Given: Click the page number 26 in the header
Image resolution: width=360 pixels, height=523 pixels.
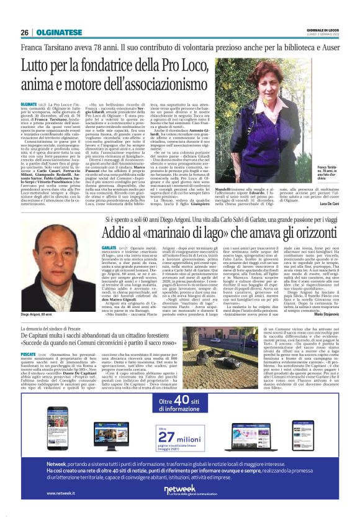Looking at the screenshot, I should pyautogui.click(x=25, y=32).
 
